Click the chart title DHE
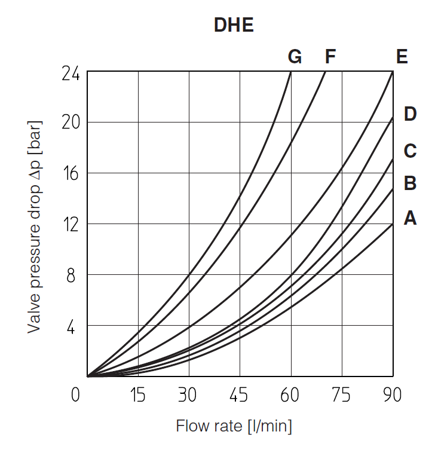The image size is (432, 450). click(x=234, y=26)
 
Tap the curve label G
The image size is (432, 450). click(x=295, y=57)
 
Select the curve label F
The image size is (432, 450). click(x=330, y=57)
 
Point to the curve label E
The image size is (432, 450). click(x=402, y=57)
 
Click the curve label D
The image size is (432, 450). click(x=410, y=114)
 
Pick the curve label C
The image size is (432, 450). click(x=410, y=151)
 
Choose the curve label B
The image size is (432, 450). click(x=410, y=183)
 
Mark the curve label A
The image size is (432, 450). click(x=410, y=219)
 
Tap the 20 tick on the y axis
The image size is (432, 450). click(x=71, y=123)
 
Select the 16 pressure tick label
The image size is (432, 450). click(x=71, y=173)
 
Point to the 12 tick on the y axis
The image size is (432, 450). click(x=71, y=224)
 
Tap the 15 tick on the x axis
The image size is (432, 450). click(x=138, y=396)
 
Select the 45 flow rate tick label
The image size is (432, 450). click(x=240, y=396)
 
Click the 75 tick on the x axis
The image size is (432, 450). click(x=342, y=396)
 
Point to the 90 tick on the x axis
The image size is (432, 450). click(x=392, y=396)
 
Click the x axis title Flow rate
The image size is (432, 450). click(x=234, y=427)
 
